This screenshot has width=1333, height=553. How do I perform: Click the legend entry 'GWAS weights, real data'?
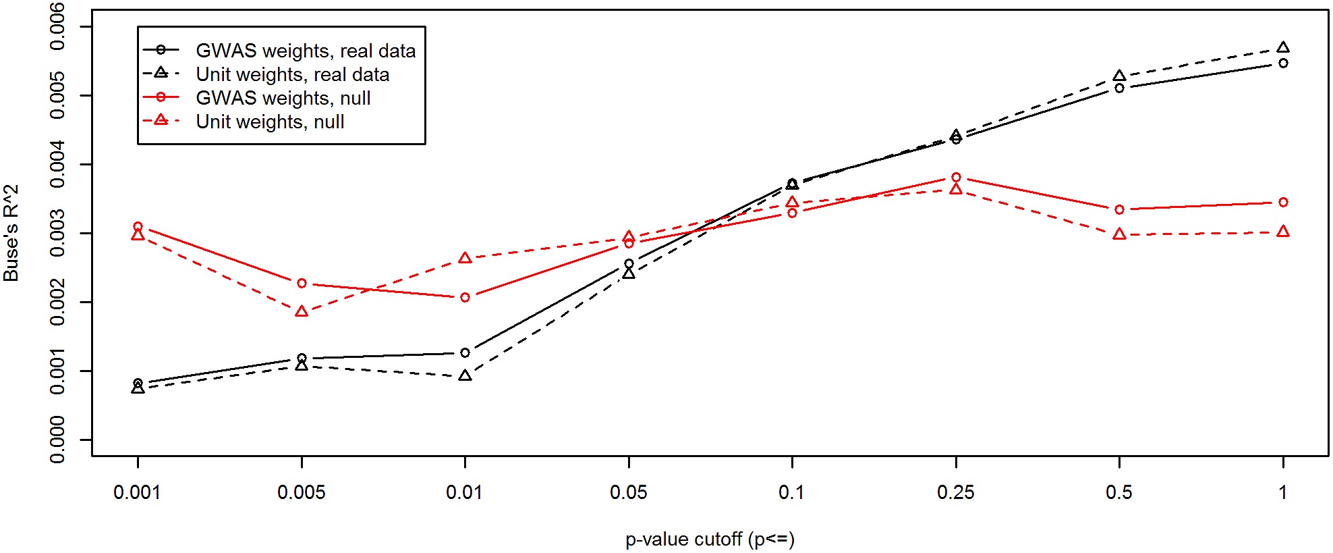click(306, 51)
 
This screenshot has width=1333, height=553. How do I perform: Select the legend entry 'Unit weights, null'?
click(270, 122)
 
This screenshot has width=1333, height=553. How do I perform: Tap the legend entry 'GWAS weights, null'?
click(283, 98)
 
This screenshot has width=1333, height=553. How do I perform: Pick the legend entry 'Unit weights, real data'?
click(292, 74)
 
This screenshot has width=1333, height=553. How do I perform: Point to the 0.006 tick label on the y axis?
click(58, 26)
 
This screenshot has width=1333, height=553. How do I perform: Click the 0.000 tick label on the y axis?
click(58, 440)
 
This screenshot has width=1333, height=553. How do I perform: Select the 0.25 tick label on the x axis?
click(955, 492)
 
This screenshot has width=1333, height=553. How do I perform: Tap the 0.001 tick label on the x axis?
click(137, 492)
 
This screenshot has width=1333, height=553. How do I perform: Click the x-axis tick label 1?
click(1282, 492)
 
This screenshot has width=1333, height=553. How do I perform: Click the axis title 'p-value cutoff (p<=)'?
click(710, 539)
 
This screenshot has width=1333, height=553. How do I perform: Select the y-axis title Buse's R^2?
click(11, 233)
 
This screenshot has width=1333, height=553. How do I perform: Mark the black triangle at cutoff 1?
click(1283, 47)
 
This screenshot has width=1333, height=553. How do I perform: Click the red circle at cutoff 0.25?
click(956, 177)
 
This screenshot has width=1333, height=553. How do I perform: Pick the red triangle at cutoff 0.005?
click(302, 311)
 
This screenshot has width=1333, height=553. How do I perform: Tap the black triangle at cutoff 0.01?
click(465, 375)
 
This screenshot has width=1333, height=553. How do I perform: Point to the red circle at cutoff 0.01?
click(465, 297)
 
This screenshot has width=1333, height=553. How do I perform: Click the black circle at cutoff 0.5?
click(1119, 88)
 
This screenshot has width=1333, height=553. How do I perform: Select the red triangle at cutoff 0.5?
click(1119, 234)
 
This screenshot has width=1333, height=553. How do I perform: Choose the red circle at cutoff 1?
click(1283, 202)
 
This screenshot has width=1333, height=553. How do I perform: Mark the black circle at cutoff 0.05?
click(629, 263)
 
